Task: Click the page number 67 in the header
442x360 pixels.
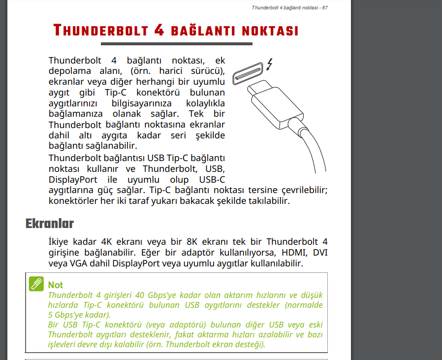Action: (x=325, y=7)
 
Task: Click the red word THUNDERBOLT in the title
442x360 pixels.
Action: (x=100, y=31)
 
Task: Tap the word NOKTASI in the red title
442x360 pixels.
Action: (x=270, y=31)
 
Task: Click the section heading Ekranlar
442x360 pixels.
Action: (x=49, y=223)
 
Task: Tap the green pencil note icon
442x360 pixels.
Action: (x=36, y=284)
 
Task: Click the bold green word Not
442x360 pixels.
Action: (x=56, y=285)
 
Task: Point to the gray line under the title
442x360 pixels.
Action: (x=175, y=44)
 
